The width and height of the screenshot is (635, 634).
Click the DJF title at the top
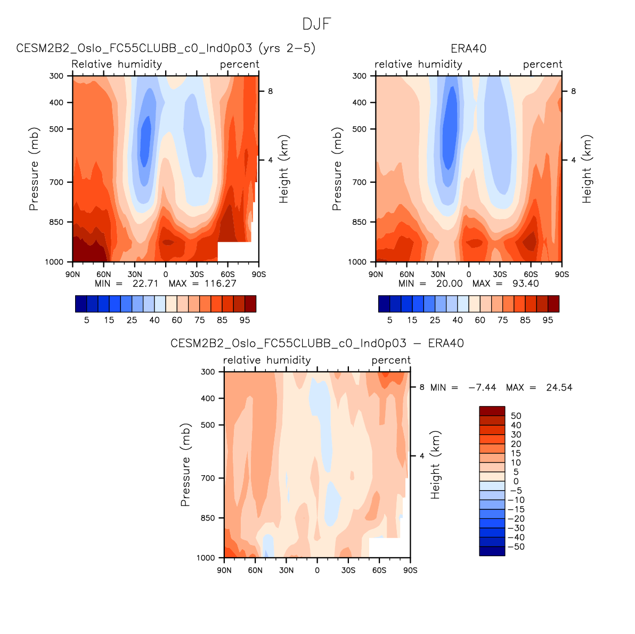click(x=316, y=24)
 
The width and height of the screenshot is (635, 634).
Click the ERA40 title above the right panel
click(x=468, y=48)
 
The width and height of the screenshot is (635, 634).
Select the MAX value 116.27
click(x=220, y=283)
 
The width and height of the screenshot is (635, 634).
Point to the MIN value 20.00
click(x=449, y=283)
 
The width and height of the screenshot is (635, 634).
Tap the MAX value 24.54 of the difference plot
click(x=559, y=387)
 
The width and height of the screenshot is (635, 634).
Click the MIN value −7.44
click(x=482, y=387)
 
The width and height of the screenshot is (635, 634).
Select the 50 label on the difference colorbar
click(x=516, y=416)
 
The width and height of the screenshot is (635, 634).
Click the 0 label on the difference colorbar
click(x=516, y=482)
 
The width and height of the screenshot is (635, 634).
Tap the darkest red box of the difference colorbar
click(x=492, y=411)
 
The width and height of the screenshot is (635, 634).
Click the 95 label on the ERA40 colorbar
click(x=548, y=320)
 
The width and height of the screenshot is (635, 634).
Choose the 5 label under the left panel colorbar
click(x=86, y=320)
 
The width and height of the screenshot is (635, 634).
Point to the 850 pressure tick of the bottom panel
click(x=208, y=518)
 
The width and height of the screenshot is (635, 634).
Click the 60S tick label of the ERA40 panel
click(x=531, y=274)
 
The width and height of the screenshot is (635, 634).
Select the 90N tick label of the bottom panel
click(x=224, y=571)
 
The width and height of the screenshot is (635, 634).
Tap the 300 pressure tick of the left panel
click(x=56, y=76)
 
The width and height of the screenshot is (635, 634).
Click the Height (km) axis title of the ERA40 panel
click(x=587, y=169)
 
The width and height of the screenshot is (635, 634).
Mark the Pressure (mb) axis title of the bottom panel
click(x=185, y=465)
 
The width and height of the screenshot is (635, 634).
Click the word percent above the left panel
click(x=240, y=64)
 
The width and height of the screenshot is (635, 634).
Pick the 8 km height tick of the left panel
click(x=270, y=91)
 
